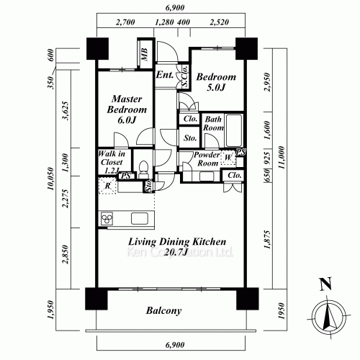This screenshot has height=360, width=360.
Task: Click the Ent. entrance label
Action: [x=163, y=75]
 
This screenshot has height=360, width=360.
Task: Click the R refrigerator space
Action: [x=107, y=186]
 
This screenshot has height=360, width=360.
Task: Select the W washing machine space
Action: [x=228, y=157]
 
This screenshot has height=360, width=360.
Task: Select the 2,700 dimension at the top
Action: [x=125, y=22]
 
